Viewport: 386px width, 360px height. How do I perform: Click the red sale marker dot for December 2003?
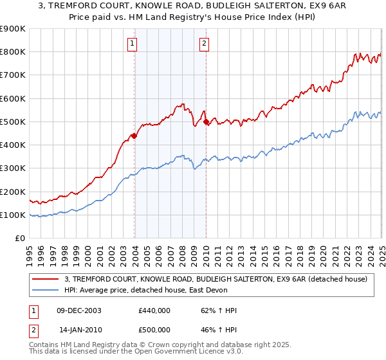134,136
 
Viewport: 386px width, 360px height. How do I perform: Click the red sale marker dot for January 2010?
206,122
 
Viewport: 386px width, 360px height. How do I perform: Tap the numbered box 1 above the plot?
132,44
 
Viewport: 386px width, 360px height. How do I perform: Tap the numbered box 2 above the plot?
203,44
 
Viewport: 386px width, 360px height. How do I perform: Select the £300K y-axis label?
13,168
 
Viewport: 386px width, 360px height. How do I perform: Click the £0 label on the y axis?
19,238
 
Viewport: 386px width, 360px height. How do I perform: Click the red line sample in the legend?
46,278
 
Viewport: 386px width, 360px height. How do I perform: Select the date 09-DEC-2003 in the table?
79,310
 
